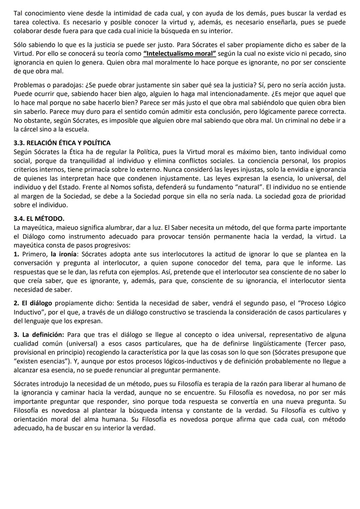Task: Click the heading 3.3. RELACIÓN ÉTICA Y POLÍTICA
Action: [62, 143]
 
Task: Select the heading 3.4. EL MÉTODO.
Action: [39, 219]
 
